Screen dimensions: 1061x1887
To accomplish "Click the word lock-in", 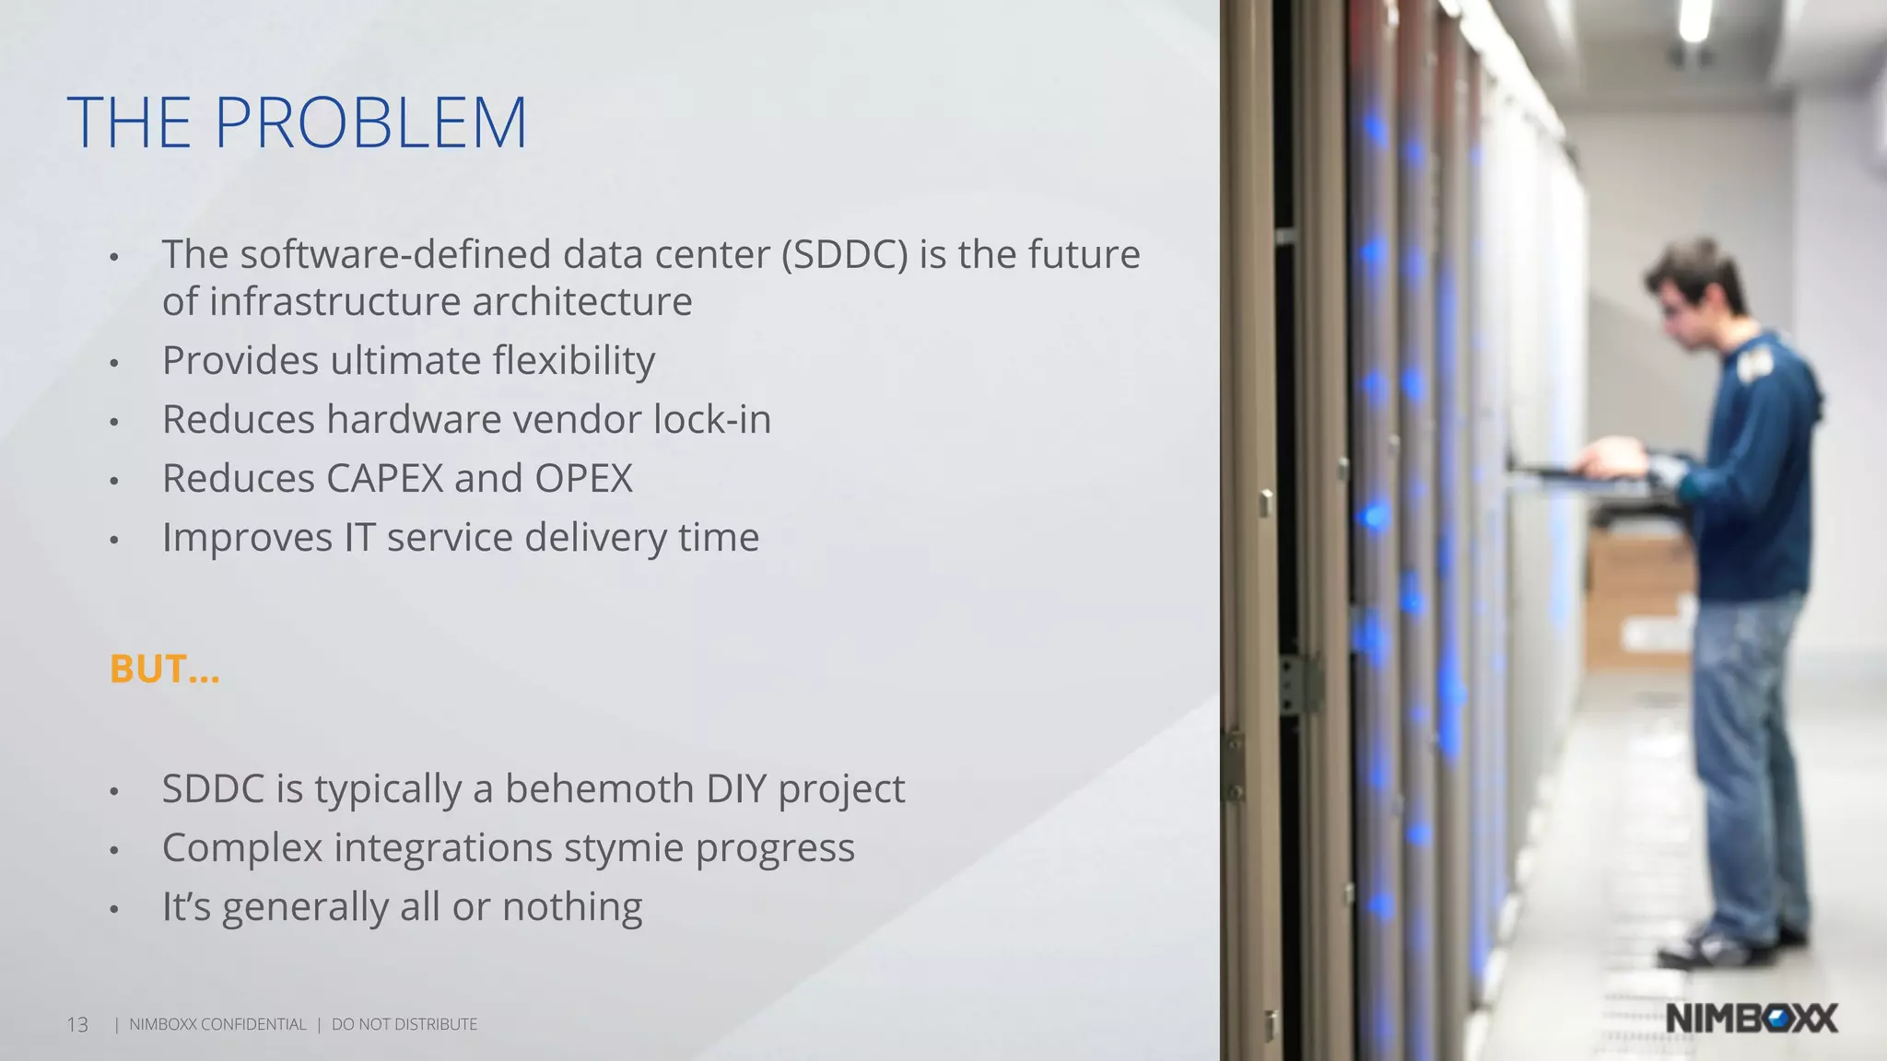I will point(711,420).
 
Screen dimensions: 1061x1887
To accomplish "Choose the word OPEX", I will point(583,479).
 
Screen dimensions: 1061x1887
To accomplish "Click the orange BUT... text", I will point(164,670).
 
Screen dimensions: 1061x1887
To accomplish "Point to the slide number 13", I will point(77,1025).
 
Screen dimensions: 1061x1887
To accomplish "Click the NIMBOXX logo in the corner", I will point(1752,1019).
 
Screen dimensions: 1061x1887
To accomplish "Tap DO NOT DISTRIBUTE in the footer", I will point(404,1025).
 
